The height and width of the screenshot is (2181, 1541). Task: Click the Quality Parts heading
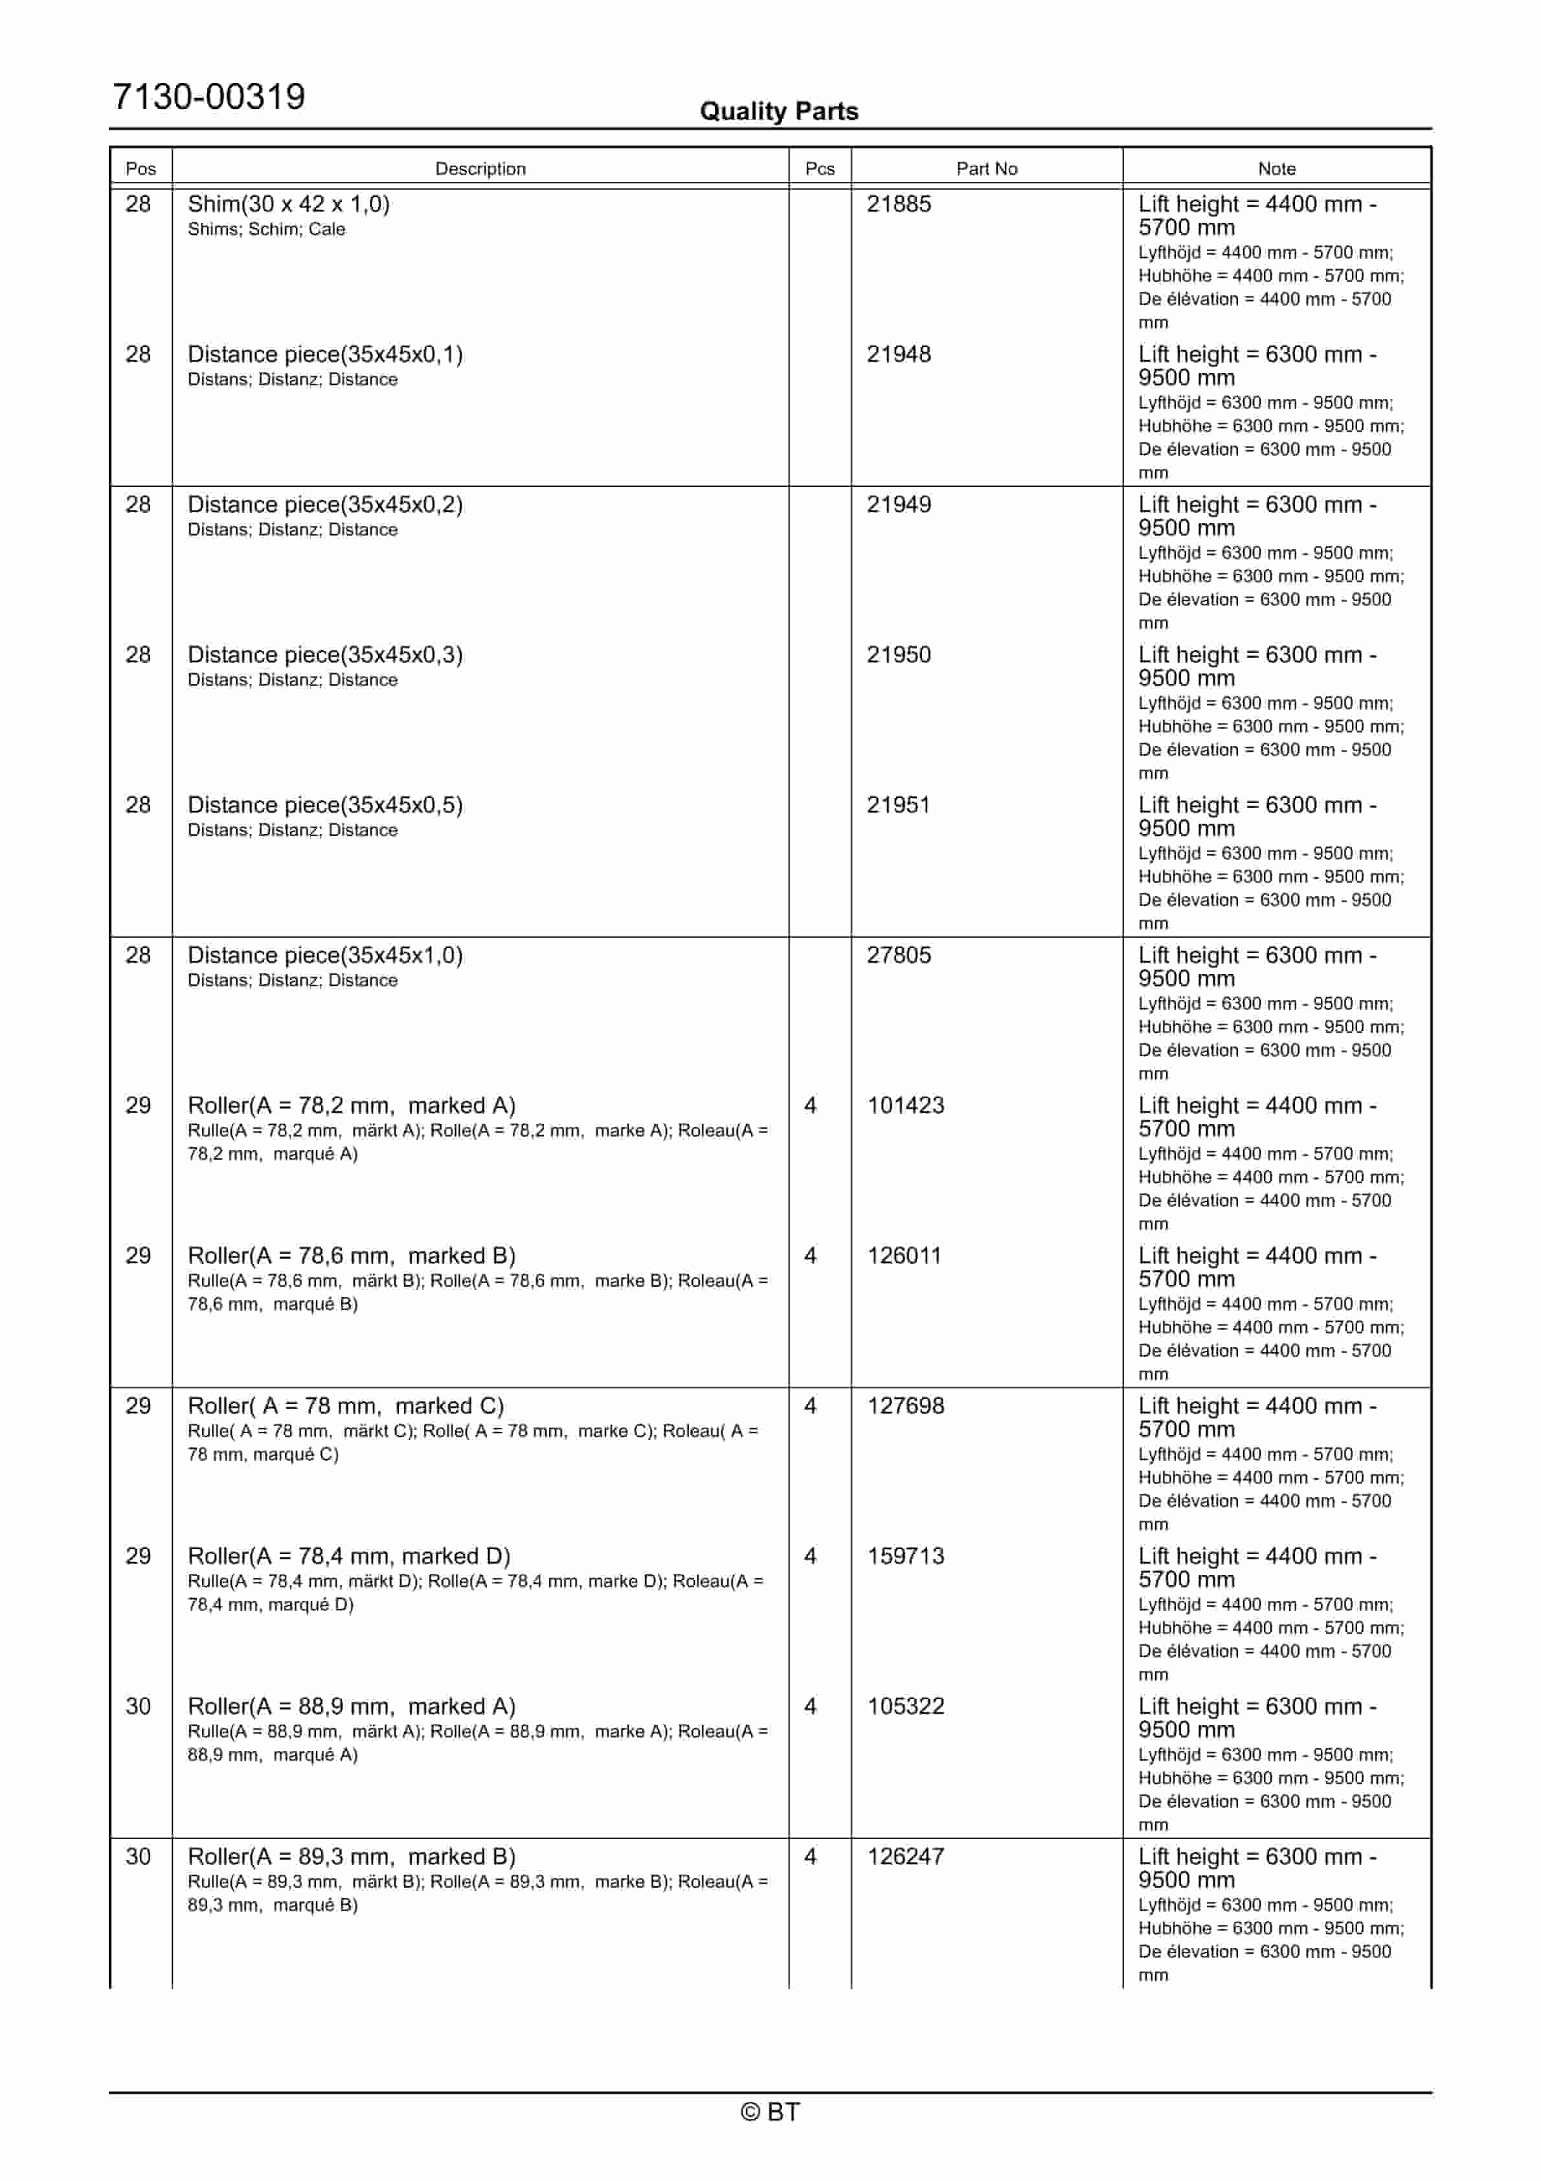(x=778, y=111)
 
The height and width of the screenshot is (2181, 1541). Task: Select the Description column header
(x=480, y=168)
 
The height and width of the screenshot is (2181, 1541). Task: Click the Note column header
(x=1276, y=168)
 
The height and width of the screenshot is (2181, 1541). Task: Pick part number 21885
(x=898, y=204)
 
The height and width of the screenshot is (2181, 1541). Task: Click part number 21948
(x=898, y=354)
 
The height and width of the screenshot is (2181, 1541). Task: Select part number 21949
(x=898, y=504)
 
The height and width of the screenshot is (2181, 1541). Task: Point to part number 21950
(x=898, y=655)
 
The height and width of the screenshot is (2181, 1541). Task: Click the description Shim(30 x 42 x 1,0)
(x=288, y=204)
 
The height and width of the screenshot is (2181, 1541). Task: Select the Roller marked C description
(x=345, y=1405)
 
